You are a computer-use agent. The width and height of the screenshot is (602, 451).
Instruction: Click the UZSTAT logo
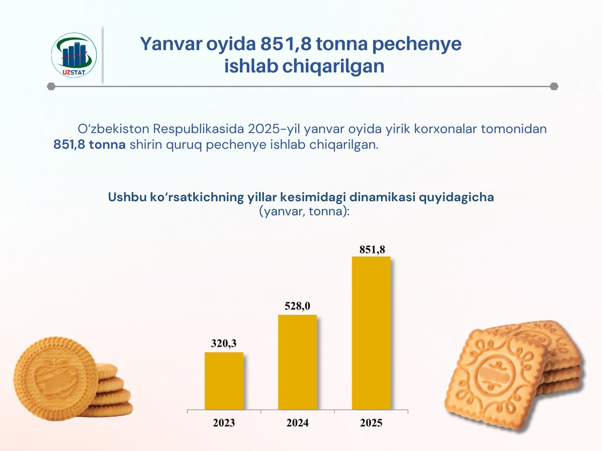[x=74, y=55]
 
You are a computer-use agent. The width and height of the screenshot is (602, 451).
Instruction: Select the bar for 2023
[x=224, y=381]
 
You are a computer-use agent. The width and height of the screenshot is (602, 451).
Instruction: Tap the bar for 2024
[x=297, y=362]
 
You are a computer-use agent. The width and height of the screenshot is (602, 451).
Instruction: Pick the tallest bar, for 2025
[x=371, y=333]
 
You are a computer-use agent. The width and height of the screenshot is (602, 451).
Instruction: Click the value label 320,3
[x=223, y=343]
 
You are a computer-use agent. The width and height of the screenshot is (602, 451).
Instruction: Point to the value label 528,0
[x=297, y=306]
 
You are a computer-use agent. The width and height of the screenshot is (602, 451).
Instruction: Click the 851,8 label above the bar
[x=372, y=249]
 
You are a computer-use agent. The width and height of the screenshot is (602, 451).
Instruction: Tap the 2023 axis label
[x=224, y=423]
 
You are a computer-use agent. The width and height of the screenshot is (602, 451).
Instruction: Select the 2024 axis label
[x=297, y=423]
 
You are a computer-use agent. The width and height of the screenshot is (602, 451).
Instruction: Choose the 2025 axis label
[x=371, y=423]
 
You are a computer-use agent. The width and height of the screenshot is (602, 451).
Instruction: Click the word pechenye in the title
[x=417, y=44]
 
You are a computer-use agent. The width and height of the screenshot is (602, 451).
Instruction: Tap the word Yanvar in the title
[x=171, y=44]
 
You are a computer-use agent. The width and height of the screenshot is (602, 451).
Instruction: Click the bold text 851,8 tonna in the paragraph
[x=89, y=144]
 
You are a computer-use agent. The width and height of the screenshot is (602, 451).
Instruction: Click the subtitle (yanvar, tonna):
[x=304, y=211]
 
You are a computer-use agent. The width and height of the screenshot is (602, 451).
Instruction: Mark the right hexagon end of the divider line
[x=554, y=86]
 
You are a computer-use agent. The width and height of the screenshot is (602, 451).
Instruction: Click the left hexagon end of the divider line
[x=51, y=86]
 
